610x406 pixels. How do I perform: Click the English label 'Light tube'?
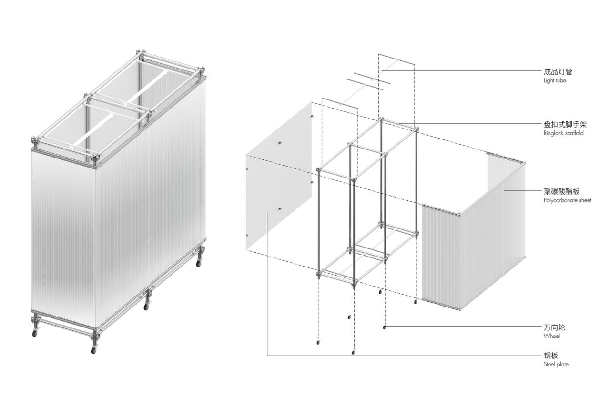coord(555,81)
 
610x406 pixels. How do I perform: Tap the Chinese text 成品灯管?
coord(558,72)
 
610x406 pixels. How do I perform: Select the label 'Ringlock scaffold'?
coord(563,133)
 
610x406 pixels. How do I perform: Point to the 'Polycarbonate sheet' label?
coord(567,200)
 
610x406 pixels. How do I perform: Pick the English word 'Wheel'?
coord(551,336)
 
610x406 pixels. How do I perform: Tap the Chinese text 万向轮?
coord(554,327)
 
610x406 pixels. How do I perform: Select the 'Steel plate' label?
coord(556,364)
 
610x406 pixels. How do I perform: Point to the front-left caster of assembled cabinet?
coord(35,333)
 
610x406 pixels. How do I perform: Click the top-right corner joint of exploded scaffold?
coord(416,129)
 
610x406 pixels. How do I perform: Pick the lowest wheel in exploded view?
coord(353,352)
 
